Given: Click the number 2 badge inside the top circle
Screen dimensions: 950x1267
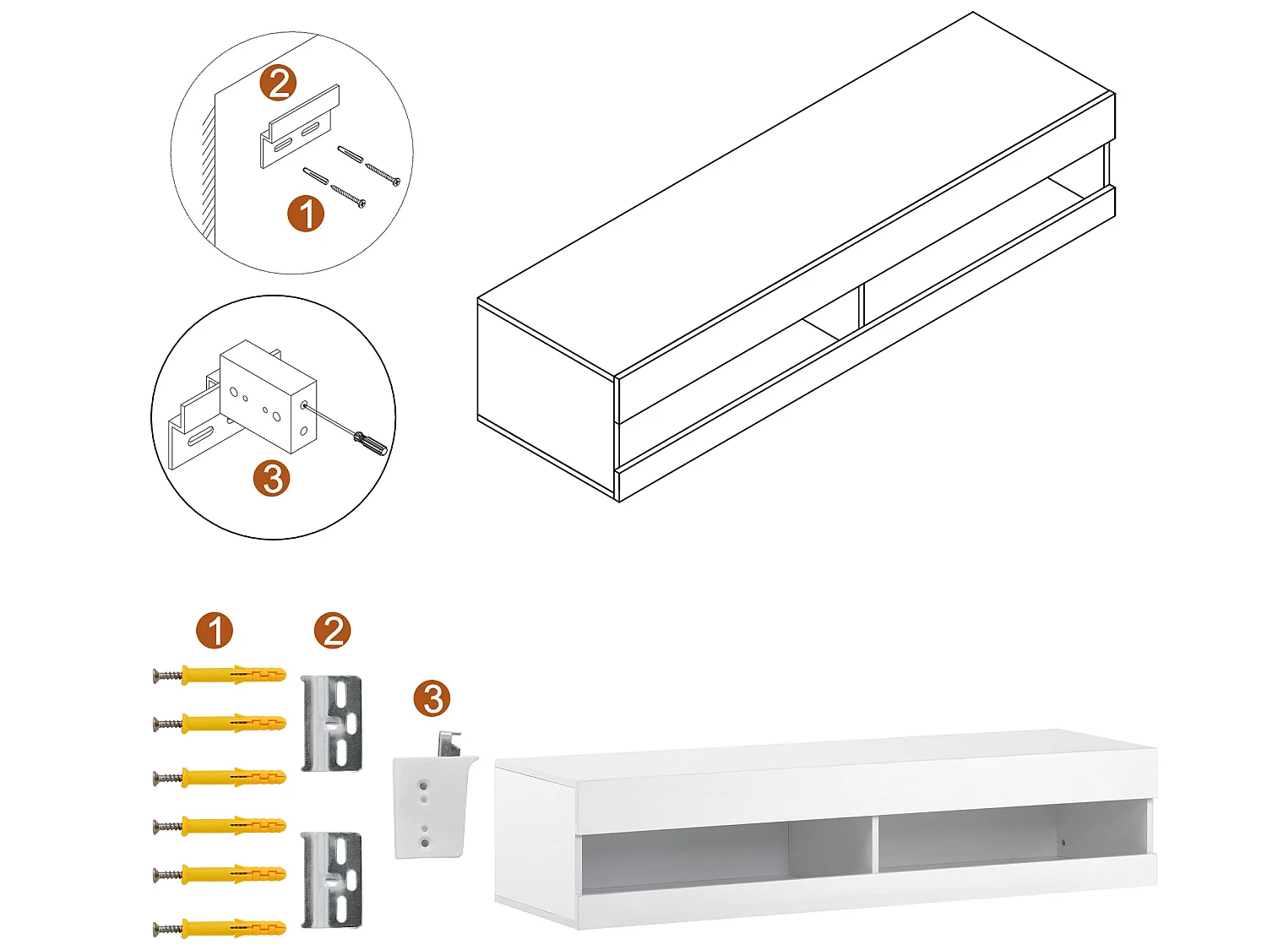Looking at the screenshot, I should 279,83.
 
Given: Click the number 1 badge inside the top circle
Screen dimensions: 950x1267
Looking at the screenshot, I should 306,214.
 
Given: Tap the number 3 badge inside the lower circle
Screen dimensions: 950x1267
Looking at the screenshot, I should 272,479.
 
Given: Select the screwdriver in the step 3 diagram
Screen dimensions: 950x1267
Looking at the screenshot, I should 370,442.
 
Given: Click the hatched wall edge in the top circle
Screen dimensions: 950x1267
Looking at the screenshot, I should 208,169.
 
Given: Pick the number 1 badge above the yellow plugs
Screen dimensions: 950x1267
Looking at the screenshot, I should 215,631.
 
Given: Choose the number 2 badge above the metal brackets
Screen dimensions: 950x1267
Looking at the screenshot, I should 332,631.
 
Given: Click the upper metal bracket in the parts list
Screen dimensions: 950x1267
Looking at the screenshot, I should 332,723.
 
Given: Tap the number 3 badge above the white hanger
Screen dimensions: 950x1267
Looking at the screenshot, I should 432,699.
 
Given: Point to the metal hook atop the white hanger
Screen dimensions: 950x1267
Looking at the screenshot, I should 449,743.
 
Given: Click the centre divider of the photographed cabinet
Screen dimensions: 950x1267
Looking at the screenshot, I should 874,843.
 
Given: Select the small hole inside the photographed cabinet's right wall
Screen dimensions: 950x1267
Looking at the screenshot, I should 1063,843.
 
